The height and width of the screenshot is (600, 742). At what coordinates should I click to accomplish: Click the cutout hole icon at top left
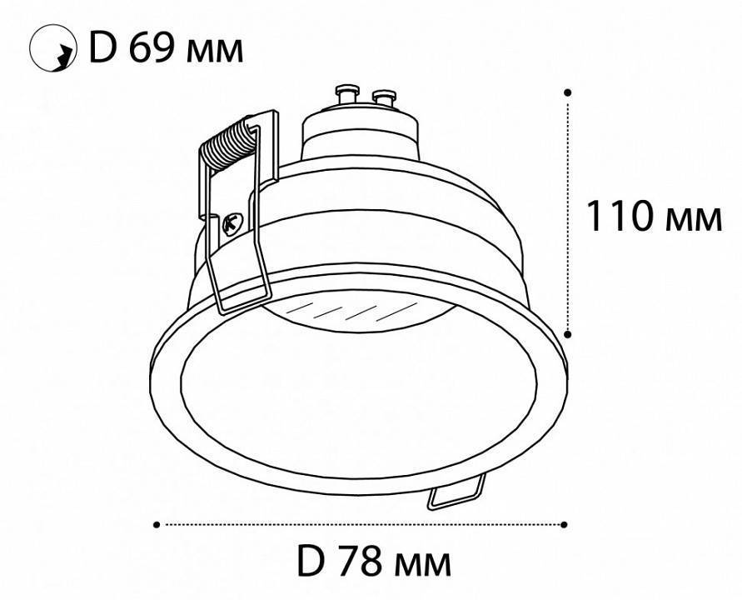(x=52, y=47)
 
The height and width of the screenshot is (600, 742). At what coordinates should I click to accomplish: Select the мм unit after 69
(x=215, y=52)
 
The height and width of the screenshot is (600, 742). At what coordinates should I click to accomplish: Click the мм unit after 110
(x=694, y=220)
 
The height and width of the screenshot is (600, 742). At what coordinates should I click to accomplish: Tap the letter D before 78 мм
(x=311, y=561)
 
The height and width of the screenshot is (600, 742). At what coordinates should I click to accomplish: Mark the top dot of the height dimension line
(x=568, y=92)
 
